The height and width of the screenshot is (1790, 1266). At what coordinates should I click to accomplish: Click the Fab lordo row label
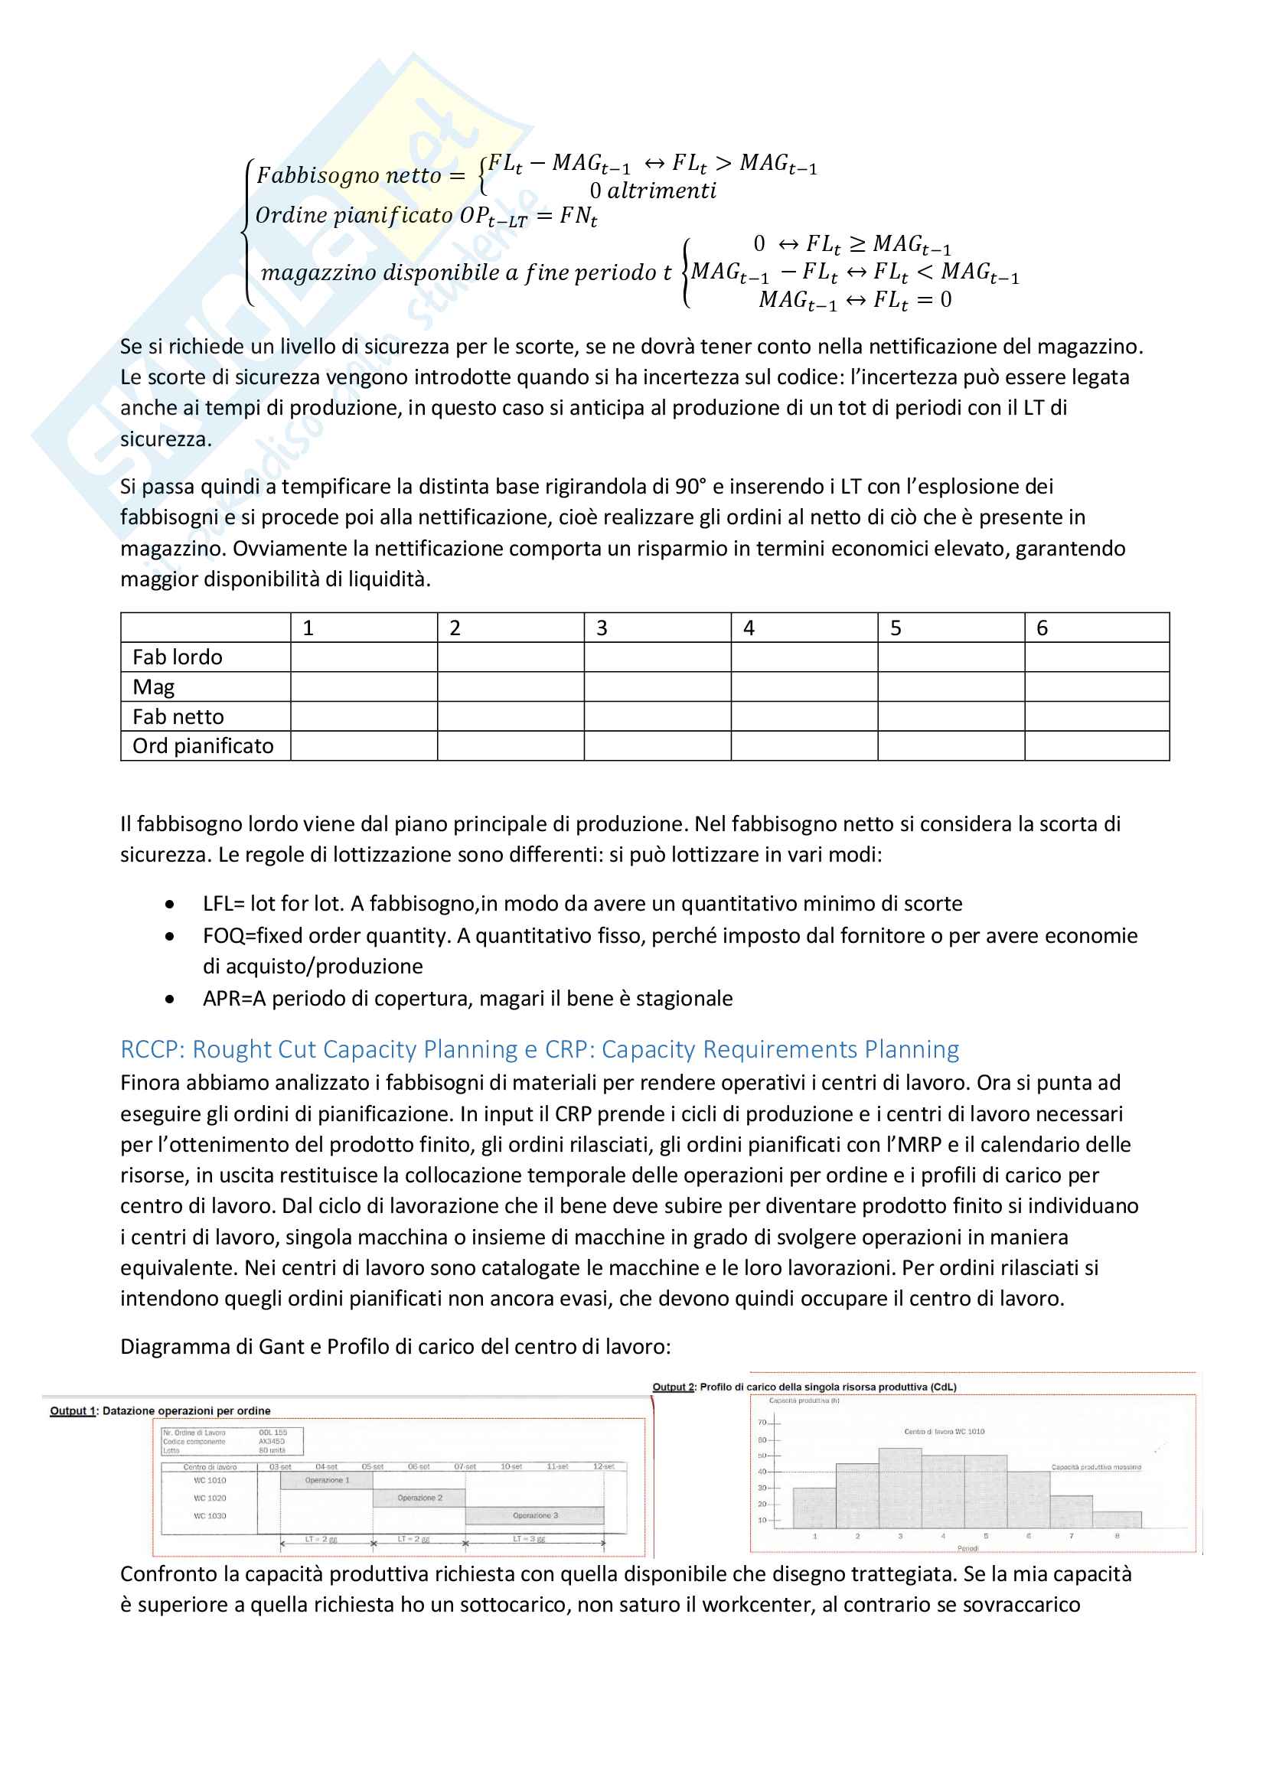[178, 657]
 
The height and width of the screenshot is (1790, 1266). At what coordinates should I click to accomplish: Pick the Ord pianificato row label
[203, 746]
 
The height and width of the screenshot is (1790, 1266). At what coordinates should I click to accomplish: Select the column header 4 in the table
[749, 628]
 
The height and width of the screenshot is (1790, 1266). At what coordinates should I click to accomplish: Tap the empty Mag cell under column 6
[1097, 686]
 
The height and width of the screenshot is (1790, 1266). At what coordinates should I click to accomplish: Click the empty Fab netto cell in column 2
[511, 716]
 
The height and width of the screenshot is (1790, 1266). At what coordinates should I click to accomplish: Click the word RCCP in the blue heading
[152, 1049]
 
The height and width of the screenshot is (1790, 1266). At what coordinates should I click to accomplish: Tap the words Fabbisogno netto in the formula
[349, 175]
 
